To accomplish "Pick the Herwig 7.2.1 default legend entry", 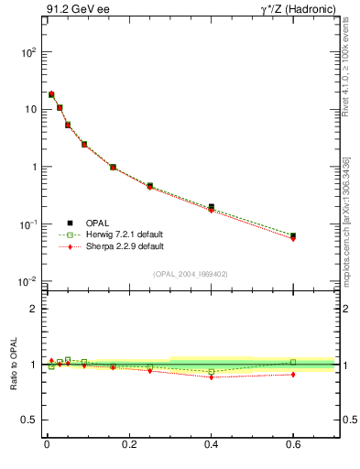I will click(x=124, y=234).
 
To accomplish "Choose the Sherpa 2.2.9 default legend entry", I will click(x=124, y=246).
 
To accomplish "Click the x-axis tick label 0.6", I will click(x=293, y=447).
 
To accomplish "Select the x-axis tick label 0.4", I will click(x=211, y=447).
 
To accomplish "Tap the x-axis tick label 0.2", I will click(x=128, y=447).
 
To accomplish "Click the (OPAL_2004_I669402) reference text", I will click(x=192, y=274).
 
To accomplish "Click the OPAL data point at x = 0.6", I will click(x=293, y=235).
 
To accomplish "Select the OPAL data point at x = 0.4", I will click(x=211, y=207).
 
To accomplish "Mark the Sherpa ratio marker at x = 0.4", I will click(x=211, y=377).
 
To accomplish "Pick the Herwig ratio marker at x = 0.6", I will click(x=293, y=362).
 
